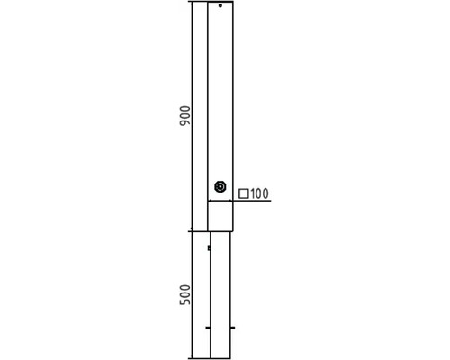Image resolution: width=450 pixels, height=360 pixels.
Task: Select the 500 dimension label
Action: pyautogui.click(x=184, y=294)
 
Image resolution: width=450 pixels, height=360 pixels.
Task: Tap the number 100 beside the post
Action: pyautogui.click(x=260, y=193)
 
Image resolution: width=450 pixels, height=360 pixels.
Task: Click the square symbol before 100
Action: pyautogui.click(x=244, y=193)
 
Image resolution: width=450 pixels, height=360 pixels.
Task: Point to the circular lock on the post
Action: pyautogui.click(x=220, y=187)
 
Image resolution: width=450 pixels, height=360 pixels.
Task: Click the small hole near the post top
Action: pyautogui.click(x=220, y=6)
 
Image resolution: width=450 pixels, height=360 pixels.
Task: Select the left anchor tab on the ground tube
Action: pyautogui.click(x=209, y=328)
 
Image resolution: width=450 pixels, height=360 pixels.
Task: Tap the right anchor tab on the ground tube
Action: pyautogui.click(x=232, y=328)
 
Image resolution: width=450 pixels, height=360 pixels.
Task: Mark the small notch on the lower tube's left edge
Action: pyautogui.click(x=209, y=247)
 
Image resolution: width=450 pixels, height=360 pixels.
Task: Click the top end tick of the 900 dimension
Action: pyautogui.click(x=193, y=3)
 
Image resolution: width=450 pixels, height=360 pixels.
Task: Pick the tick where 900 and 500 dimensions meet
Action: pyautogui.click(x=193, y=231)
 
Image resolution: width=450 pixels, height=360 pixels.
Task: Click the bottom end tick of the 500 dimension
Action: pyautogui.click(x=193, y=357)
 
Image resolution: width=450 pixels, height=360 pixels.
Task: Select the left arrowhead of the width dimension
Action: pyautogui.click(x=211, y=201)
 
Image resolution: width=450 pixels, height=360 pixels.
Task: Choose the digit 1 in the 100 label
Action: pyautogui.click(x=253, y=193)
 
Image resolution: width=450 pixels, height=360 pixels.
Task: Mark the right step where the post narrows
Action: pyautogui.click(x=232, y=231)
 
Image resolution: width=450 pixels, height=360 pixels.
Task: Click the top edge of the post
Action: pyautogui.click(x=220, y=2)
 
